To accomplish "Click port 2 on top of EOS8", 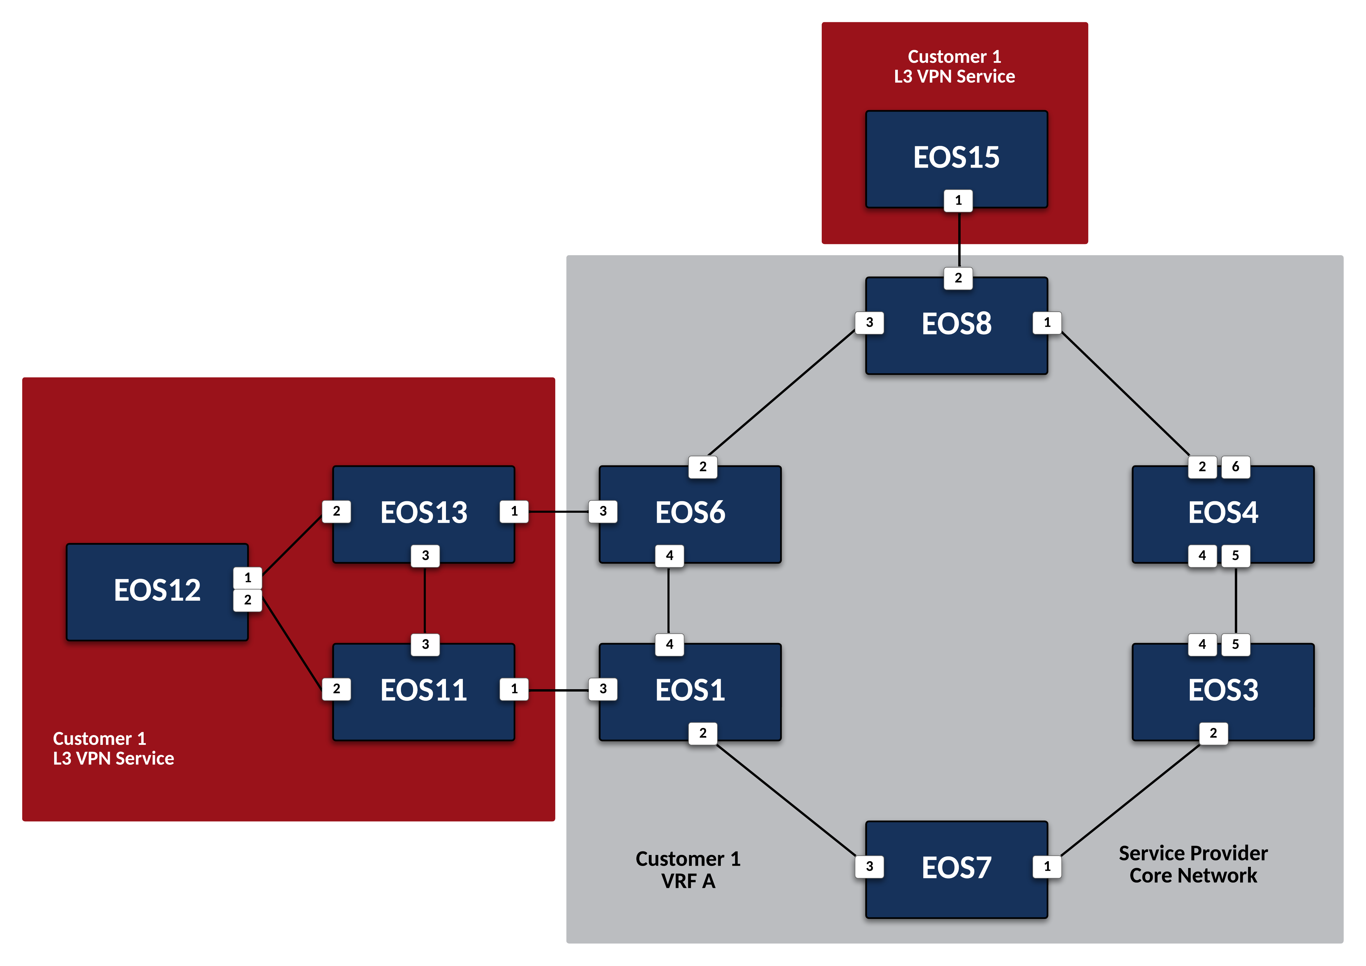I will (x=958, y=278).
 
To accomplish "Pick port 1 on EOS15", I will (x=958, y=200).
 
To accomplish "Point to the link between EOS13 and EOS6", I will (x=558, y=512).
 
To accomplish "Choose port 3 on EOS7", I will (x=869, y=866).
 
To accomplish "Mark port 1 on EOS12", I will (x=248, y=578).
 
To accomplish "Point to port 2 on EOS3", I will (x=1213, y=733).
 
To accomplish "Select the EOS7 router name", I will (x=956, y=867).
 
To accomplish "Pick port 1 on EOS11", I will (x=514, y=689).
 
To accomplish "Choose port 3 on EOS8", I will (x=869, y=322).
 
